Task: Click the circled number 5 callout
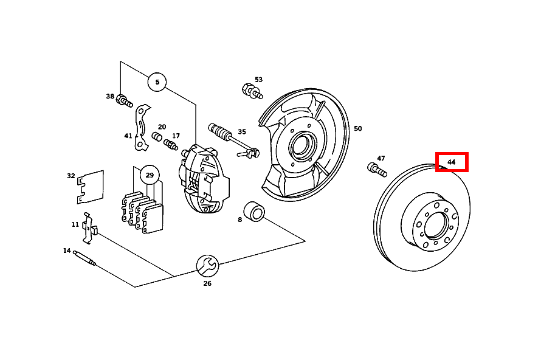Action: pyautogui.click(x=157, y=81)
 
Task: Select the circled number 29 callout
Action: pyautogui.click(x=149, y=176)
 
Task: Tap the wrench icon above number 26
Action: pyautogui.click(x=207, y=265)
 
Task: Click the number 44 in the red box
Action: pyautogui.click(x=452, y=162)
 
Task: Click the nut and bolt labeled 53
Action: pyautogui.click(x=252, y=91)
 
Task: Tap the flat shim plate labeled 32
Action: pyautogui.click(x=91, y=186)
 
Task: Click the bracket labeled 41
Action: pyautogui.click(x=142, y=127)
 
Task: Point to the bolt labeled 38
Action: pyautogui.click(x=125, y=100)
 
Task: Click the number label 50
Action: pyautogui.click(x=357, y=128)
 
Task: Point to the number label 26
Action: pyautogui.click(x=207, y=283)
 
